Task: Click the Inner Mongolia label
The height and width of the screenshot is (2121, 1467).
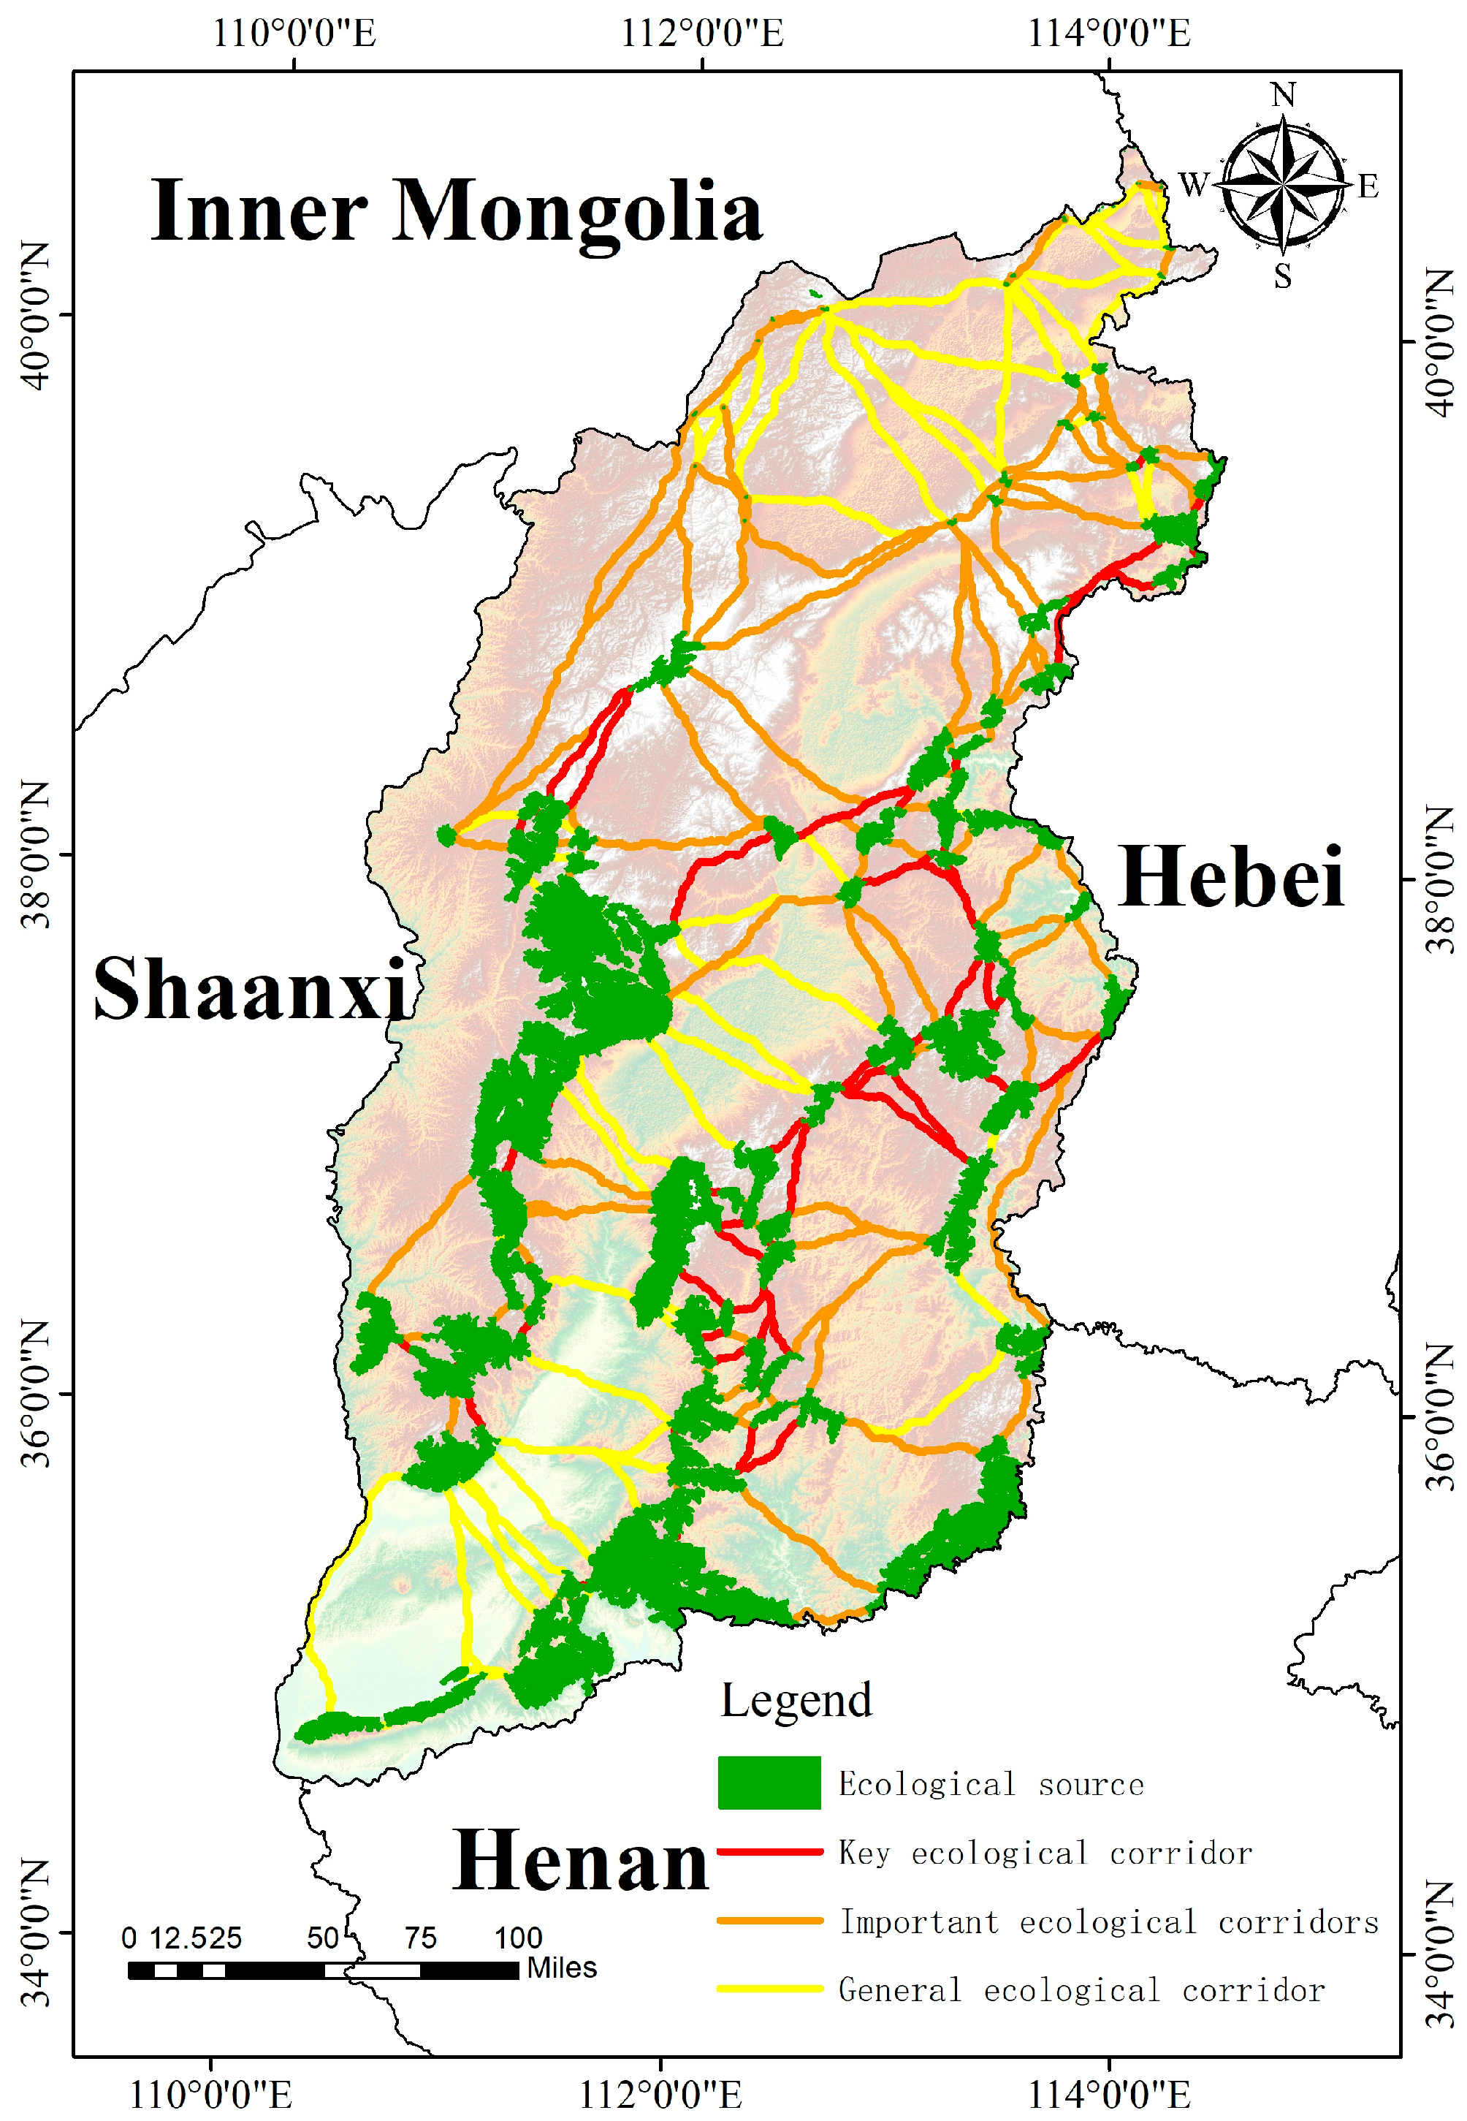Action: (457, 213)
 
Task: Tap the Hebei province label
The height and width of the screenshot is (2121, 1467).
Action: (1232, 878)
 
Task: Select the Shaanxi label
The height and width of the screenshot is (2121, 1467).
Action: (251, 991)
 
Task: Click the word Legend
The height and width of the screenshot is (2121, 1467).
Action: (796, 1701)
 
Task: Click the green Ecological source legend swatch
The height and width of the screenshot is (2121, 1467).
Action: (769, 1783)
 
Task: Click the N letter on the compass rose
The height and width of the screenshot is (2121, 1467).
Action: (1283, 96)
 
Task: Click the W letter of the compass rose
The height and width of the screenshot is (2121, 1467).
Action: (1193, 185)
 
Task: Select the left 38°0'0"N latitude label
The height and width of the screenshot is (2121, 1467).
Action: (35, 855)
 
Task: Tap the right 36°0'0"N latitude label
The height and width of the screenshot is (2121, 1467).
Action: (1439, 1416)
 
